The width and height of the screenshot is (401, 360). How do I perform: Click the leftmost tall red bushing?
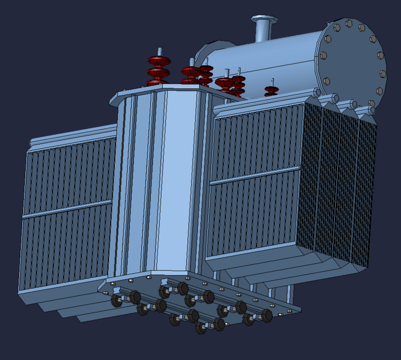tap(159, 70)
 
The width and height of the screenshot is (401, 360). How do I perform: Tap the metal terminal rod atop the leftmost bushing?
tap(159, 51)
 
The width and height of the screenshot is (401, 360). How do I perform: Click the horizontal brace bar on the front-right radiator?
tap(255, 175)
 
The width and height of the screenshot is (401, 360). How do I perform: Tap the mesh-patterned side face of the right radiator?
tap(340, 186)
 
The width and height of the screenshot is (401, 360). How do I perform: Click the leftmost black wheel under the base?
tap(117, 301)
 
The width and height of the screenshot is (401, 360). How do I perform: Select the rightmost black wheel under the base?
tap(267, 316)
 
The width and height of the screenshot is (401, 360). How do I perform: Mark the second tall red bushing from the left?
tap(191, 74)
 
